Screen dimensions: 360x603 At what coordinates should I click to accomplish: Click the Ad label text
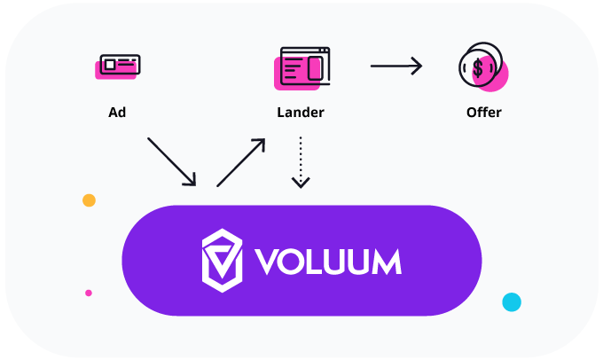[x=117, y=113]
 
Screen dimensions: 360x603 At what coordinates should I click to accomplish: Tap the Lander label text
[x=301, y=113]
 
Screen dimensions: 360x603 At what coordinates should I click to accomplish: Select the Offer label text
[x=483, y=113]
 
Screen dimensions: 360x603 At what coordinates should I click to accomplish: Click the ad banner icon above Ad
[x=118, y=66]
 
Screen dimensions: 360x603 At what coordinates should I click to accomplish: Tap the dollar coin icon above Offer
[x=482, y=67]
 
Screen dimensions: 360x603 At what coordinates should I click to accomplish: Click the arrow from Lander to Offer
[x=395, y=66]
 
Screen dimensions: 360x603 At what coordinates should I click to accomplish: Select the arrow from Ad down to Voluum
[x=171, y=161]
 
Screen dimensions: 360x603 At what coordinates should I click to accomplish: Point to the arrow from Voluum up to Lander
[x=241, y=161]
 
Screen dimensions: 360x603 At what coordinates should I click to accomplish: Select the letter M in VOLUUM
[x=383, y=261]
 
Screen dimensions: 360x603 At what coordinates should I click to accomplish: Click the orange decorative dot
[x=89, y=200]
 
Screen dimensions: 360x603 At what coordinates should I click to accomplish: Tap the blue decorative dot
[x=512, y=301]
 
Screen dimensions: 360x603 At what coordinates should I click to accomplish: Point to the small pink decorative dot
[x=88, y=293]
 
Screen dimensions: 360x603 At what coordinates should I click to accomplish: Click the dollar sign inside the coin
[x=478, y=67]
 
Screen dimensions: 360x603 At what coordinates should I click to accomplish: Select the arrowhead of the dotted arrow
[x=301, y=182]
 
